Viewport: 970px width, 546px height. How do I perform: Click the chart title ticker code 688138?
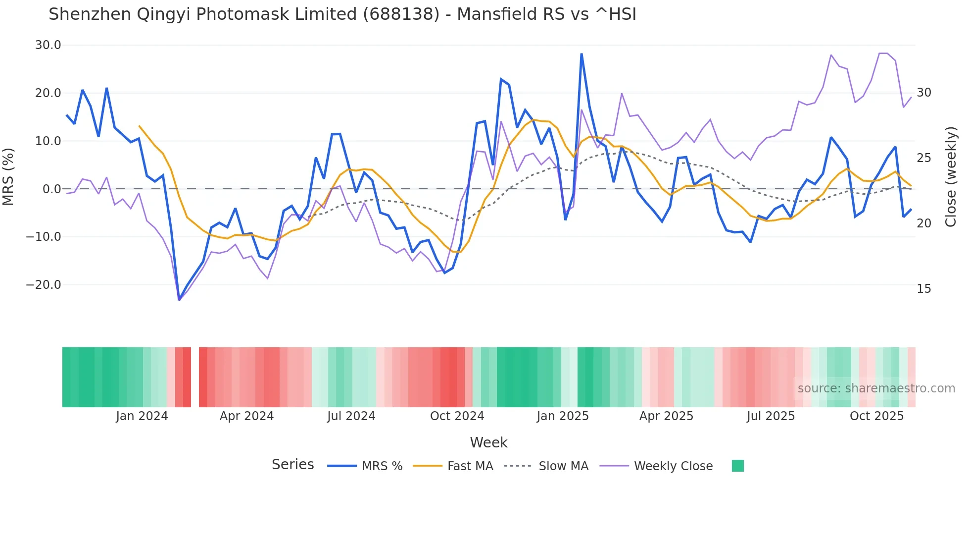pos(401,14)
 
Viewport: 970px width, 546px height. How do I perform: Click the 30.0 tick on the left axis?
pos(48,45)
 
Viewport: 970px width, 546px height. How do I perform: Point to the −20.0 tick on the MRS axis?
pos(44,285)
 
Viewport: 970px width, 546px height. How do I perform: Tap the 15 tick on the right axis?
pos(923,289)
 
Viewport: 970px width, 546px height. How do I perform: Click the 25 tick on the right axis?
pos(923,158)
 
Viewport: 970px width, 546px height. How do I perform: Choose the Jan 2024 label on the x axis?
pos(142,416)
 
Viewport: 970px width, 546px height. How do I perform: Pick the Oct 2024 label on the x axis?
pos(457,416)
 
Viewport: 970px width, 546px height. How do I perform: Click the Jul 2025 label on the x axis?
pos(771,416)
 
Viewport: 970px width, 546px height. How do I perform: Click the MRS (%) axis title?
pos(8,176)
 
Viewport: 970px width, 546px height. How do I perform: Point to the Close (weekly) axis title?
pos(951,177)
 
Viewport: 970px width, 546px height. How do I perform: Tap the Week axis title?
pos(488,442)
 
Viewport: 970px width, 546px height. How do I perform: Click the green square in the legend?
pos(737,466)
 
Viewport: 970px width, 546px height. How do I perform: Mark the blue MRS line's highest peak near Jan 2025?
pos(582,54)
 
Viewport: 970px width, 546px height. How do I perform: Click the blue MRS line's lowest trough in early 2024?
pos(179,300)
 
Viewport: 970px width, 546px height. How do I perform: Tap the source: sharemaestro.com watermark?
pos(876,388)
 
